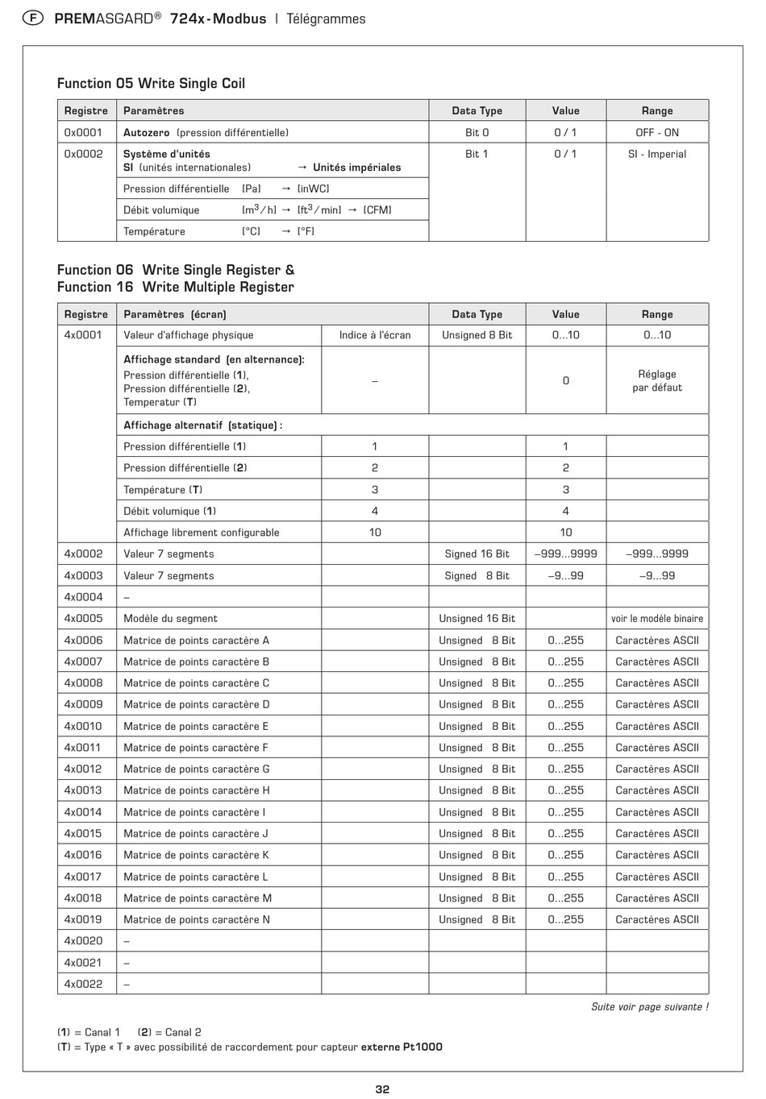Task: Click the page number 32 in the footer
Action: pyautogui.click(x=382, y=1089)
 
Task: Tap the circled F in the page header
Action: pyautogui.click(x=32, y=19)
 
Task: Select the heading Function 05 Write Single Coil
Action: pyautogui.click(x=151, y=84)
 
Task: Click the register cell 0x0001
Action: pyautogui.click(x=83, y=132)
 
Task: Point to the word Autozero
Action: pyautogui.click(x=146, y=132)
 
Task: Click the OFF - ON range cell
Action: pyautogui.click(x=657, y=132)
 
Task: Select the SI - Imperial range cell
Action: pyautogui.click(x=657, y=154)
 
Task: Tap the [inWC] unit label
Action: pyautogui.click(x=313, y=189)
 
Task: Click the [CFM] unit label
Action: pyautogui.click(x=377, y=210)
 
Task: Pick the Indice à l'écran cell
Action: pyautogui.click(x=375, y=335)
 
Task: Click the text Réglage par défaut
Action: pyautogui.click(x=657, y=380)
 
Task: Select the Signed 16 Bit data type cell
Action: pyautogui.click(x=477, y=554)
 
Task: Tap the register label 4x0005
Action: pyautogui.click(x=83, y=618)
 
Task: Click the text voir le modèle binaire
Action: pyautogui.click(x=657, y=619)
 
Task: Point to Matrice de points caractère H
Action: pyautogui.click(x=197, y=790)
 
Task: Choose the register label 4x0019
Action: pyautogui.click(x=83, y=919)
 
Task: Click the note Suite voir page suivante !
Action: pyautogui.click(x=650, y=1006)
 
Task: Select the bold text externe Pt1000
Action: pyautogui.click(x=402, y=1047)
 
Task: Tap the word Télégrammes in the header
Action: pyautogui.click(x=326, y=19)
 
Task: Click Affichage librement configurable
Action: pyautogui.click(x=202, y=533)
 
